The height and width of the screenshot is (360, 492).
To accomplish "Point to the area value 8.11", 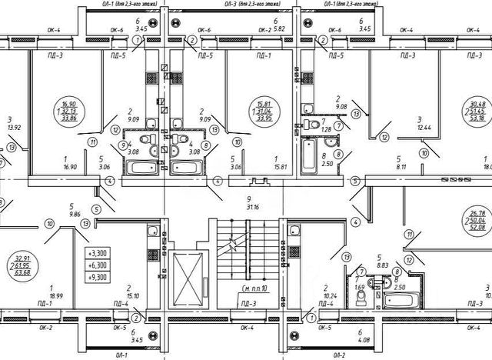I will (401, 165).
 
